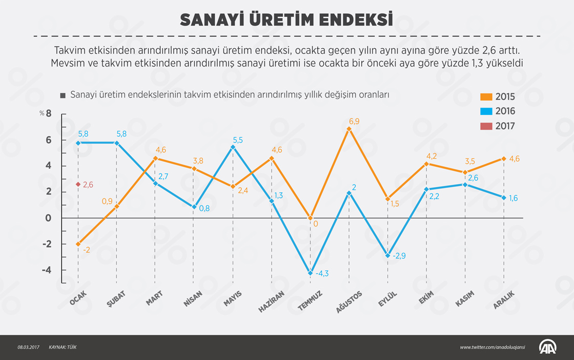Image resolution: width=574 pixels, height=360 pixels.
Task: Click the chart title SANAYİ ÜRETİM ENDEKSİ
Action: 286,19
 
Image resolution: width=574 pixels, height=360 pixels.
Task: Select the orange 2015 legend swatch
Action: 486,96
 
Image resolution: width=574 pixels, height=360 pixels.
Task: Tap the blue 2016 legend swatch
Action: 486,111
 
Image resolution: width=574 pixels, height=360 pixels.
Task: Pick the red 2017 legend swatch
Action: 486,126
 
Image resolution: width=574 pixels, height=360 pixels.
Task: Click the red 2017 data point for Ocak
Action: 78,184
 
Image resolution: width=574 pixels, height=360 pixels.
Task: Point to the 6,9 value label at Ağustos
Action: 354,122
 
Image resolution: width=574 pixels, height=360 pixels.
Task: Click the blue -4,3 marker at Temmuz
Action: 310,273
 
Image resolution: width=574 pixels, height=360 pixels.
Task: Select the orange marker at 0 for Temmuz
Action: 310,218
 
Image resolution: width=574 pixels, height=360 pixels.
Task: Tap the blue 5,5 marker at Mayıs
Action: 233,147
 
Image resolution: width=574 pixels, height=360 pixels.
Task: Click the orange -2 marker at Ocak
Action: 78,244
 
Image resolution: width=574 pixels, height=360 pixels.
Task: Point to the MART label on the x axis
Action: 154,298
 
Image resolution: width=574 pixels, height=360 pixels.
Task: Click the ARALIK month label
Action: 503,299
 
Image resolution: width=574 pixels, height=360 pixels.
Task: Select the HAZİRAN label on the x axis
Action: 271,301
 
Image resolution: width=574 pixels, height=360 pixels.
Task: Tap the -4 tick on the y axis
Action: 48,270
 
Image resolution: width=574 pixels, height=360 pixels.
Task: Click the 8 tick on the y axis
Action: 49,113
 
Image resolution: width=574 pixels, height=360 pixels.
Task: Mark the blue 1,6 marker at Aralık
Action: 504,197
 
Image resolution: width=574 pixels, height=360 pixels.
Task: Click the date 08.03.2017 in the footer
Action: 28,348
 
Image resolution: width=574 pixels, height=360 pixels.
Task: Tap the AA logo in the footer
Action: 549,347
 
